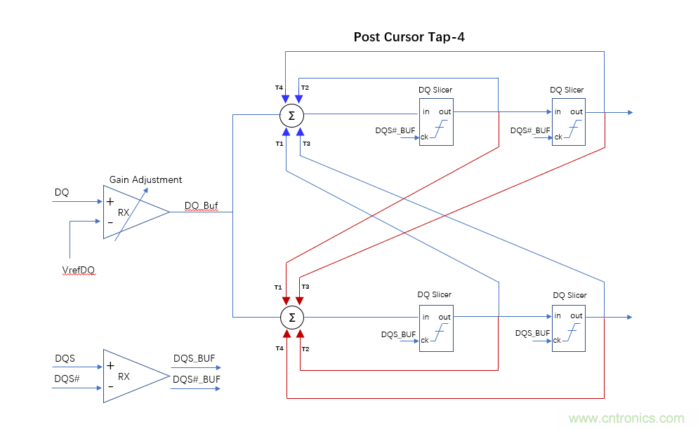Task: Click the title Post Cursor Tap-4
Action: coord(409,37)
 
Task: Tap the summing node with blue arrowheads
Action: coord(291,114)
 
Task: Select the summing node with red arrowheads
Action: coord(291,318)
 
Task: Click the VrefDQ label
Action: coord(78,269)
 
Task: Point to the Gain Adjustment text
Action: coord(145,179)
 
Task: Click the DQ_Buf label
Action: coord(202,206)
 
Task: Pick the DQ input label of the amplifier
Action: coord(62,192)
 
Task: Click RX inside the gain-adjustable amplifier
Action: coord(123,212)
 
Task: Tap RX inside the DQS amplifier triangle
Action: coord(124,376)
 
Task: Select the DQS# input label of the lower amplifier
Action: coord(67,379)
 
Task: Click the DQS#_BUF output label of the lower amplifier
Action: coord(197,379)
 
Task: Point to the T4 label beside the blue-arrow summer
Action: coord(279,88)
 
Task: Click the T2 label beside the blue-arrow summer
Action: coord(305,88)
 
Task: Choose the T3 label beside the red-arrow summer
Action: coord(305,287)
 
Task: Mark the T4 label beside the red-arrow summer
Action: coord(279,348)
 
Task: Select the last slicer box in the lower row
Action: coord(568,327)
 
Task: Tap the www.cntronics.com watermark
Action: coord(626,418)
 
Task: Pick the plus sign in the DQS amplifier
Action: coord(110,365)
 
